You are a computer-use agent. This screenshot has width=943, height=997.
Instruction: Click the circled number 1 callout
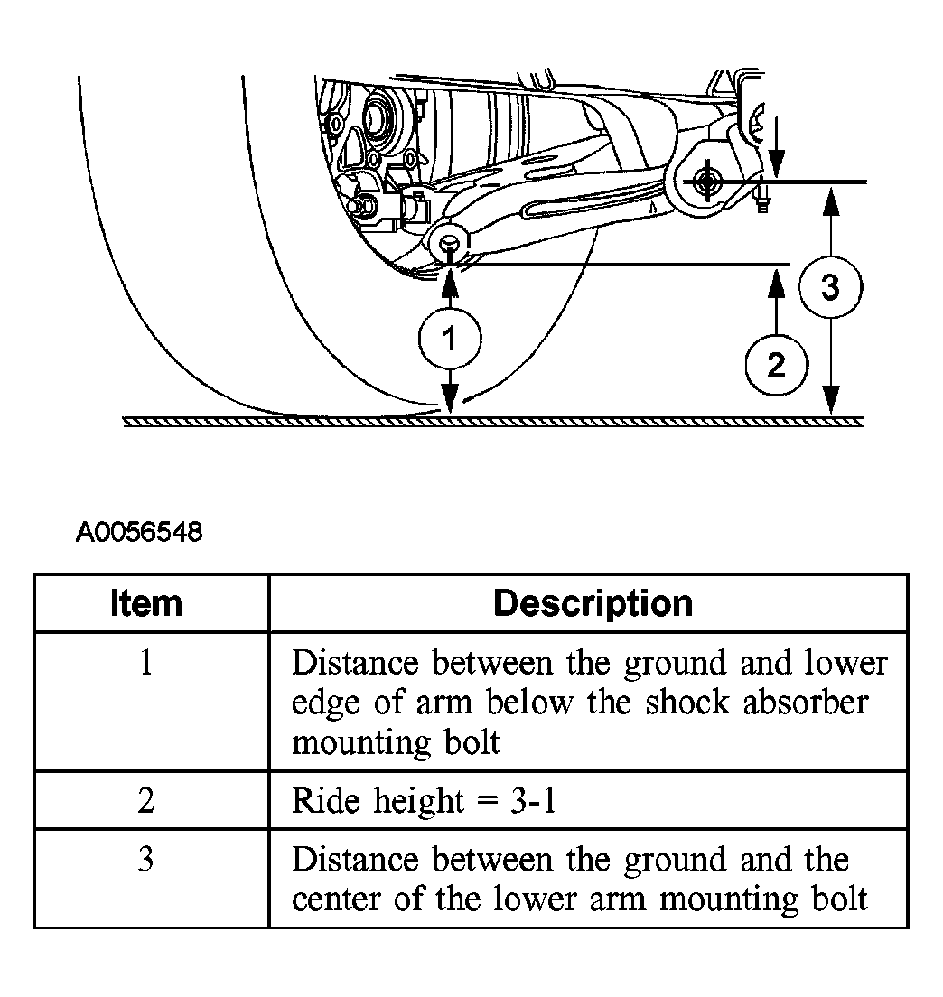(450, 339)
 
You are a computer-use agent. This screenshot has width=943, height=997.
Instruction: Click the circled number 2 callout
(777, 366)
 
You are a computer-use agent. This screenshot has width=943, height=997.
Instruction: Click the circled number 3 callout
(830, 287)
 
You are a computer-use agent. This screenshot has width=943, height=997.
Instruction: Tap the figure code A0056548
(139, 532)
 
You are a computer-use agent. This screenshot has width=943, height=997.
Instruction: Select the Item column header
(146, 602)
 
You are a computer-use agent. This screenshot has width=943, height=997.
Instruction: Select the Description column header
(593, 602)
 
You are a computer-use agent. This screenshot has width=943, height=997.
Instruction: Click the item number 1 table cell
(146, 663)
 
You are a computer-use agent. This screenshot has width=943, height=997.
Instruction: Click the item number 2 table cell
(146, 800)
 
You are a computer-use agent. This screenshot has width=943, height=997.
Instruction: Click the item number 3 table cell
(146, 859)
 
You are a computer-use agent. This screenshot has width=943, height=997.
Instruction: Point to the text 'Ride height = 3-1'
(425, 800)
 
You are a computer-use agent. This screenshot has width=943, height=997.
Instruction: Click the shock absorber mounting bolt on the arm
(449, 244)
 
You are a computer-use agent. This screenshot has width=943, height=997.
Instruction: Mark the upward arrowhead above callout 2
(776, 284)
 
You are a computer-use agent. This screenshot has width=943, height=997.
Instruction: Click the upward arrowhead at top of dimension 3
(830, 202)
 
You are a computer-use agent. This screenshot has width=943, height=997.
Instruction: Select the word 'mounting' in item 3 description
(728, 900)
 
